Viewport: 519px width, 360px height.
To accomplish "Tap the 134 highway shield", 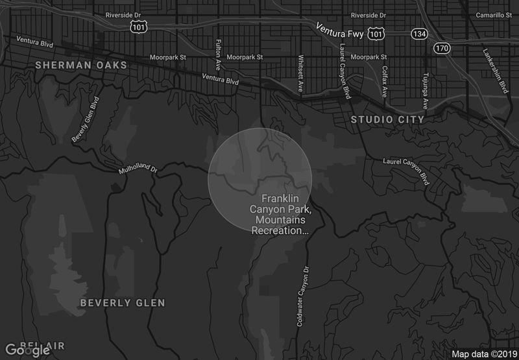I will click(x=418, y=32).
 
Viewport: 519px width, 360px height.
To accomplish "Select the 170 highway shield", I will click(x=442, y=48).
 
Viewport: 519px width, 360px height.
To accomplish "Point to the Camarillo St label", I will click(x=495, y=15).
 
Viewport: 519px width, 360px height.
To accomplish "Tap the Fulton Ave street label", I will click(x=217, y=54).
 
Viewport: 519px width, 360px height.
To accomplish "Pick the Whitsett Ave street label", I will click(x=300, y=73).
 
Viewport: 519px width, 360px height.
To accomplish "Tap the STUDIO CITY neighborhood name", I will click(x=387, y=119).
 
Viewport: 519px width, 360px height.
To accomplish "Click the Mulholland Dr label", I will click(x=138, y=169).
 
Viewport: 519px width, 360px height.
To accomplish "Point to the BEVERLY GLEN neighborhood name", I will click(x=123, y=303).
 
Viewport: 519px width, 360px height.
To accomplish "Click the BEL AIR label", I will click(x=42, y=344).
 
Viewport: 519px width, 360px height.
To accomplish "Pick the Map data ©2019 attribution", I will click(x=484, y=354).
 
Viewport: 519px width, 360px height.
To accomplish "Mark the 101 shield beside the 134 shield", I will click(x=375, y=32).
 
